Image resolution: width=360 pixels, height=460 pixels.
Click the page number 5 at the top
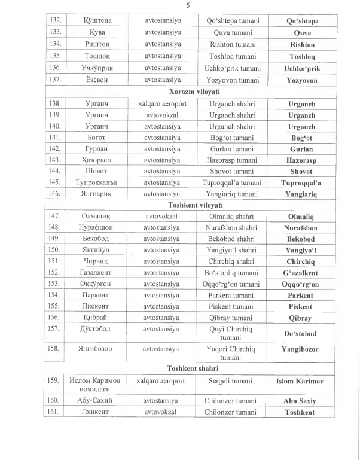tap(188, 6)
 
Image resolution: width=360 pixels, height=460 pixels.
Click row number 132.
tap(55, 20)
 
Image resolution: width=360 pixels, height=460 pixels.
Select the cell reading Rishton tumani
tap(233, 44)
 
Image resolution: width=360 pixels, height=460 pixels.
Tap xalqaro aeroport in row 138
tap(163, 103)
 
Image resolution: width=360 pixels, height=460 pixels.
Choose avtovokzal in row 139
tap(163, 115)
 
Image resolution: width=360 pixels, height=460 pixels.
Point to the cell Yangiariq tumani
tap(233, 194)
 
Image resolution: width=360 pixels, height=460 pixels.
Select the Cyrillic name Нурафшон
tap(97, 227)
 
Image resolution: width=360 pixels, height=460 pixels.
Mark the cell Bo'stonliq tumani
tap(233, 273)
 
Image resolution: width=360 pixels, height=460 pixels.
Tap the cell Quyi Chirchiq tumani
tap(233, 333)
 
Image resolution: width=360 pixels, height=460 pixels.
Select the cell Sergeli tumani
tap(233, 381)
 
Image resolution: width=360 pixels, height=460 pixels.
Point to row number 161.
tap(55, 412)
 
